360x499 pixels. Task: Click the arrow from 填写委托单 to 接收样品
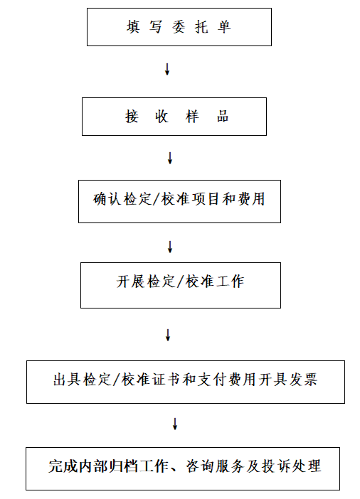click(x=167, y=69)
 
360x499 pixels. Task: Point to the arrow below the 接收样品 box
click(x=170, y=158)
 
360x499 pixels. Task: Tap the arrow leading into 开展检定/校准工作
click(x=170, y=247)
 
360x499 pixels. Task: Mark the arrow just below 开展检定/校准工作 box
click(x=168, y=335)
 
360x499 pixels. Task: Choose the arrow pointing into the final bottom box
click(x=174, y=424)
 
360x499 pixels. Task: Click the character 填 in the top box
click(x=133, y=27)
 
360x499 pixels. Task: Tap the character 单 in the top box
click(x=224, y=27)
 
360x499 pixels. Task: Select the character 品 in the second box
click(x=223, y=117)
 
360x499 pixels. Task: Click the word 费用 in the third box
click(x=251, y=199)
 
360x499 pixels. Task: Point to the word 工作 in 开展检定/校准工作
click(x=230, y=281)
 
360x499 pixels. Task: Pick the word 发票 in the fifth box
click(x=303, y=380)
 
